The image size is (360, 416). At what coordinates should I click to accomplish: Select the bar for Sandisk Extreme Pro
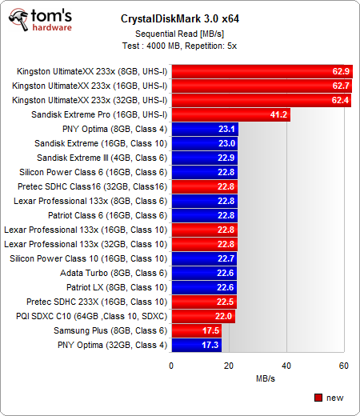[230, 114]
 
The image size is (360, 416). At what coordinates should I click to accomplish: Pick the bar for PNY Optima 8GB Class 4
[205, 129]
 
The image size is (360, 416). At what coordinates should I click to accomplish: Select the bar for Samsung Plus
[196, 330]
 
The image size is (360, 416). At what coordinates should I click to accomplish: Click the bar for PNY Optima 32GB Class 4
[196, 345]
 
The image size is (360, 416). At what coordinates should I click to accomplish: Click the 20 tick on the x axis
[229, 365]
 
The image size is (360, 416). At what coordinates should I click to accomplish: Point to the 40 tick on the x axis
[286, 365]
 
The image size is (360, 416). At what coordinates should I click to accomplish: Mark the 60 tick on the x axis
[344, 365]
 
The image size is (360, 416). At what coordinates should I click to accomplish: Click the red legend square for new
[318, 397]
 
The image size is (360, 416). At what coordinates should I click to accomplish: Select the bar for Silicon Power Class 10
[204, 258]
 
